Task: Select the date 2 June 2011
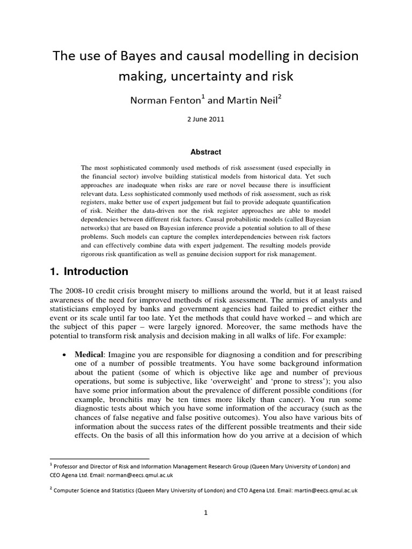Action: (x=205, y=120)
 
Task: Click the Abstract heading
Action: (x=206, y=152)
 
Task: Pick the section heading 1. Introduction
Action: (x=89, y=272)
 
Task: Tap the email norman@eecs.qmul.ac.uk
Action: (x=144, y=475)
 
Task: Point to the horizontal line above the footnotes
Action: (x=91, y=459)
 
